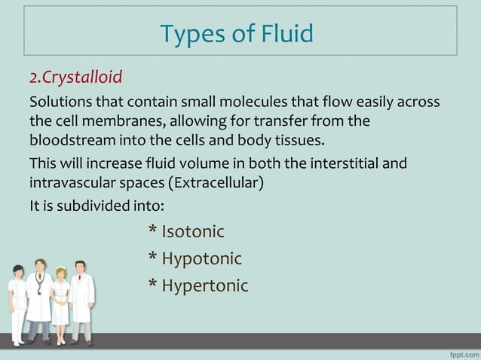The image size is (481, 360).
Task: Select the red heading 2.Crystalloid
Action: coord(75,78)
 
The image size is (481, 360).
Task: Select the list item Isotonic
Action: coord(193,231)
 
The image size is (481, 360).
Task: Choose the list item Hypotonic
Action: coord(201,258)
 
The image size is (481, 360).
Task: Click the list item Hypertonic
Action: coord(204,285)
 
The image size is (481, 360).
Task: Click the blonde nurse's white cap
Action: coord(60,268)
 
